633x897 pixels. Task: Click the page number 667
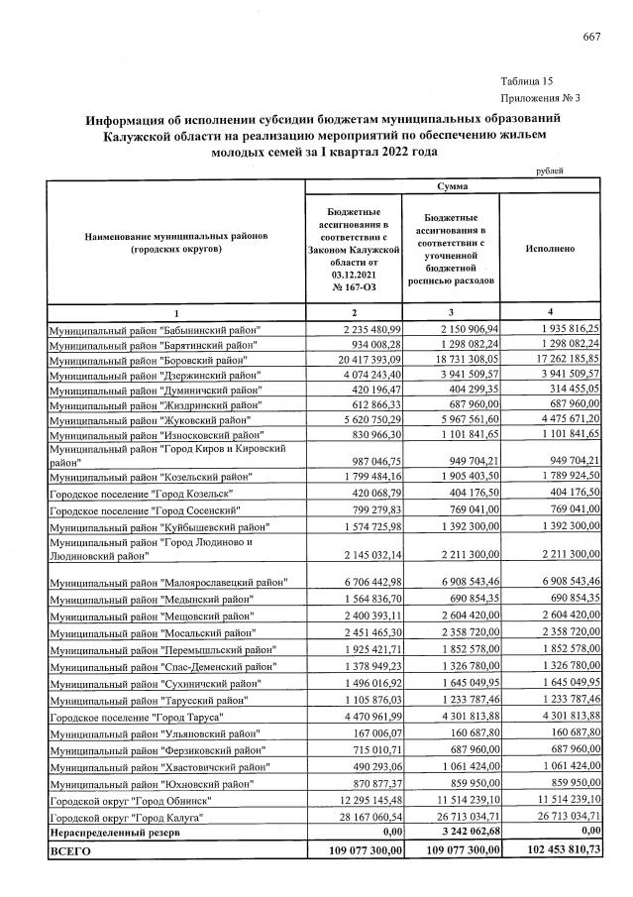tap(592, 38)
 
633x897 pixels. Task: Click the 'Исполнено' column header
tap(552, 250)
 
